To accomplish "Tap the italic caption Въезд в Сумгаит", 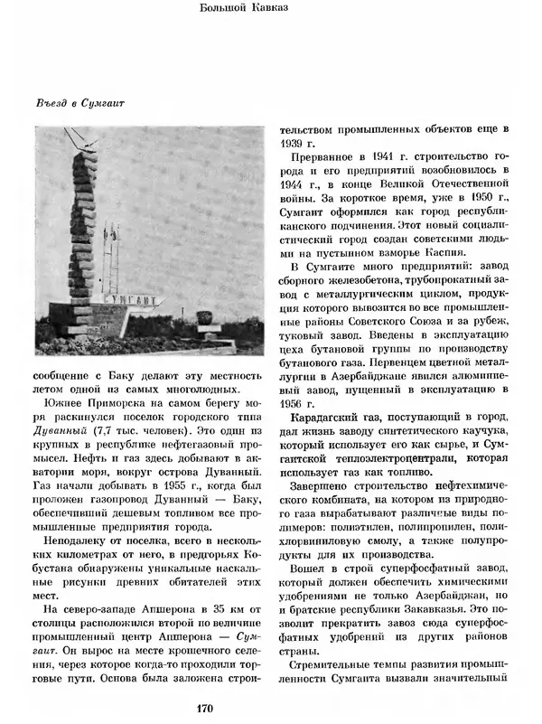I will (x=76, y=102).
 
